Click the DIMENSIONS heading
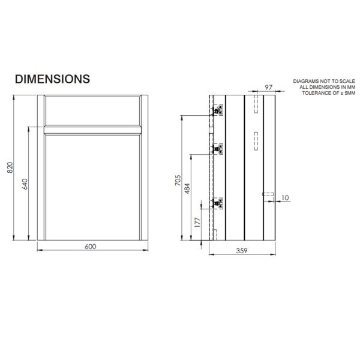(x=52, y=79)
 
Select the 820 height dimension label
(x=10, y=167)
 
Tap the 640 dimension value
(x=25, y=184)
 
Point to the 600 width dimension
(x=91, y=247)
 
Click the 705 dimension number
(x=178, y=180)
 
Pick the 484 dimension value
(x=187, y=188)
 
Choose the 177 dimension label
(x=197, y=222)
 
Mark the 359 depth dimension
(x=242, y=251)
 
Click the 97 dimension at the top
(x=268, y=88)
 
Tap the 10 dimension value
(x=285, y=197)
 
